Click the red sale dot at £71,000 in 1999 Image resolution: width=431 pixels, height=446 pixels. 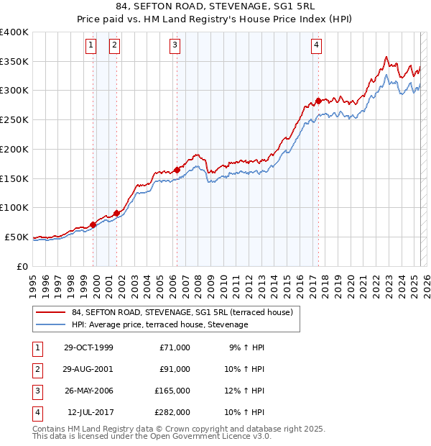93,225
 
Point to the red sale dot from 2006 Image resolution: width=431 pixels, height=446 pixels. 177,170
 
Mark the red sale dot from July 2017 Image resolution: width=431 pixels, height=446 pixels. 318,101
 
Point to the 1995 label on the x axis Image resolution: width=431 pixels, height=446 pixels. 33,284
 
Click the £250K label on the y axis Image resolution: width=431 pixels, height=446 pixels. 14,120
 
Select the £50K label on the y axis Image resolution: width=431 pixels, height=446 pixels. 17,237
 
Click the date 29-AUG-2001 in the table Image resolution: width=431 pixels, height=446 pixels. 88,369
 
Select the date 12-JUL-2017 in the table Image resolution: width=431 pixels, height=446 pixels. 90,412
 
